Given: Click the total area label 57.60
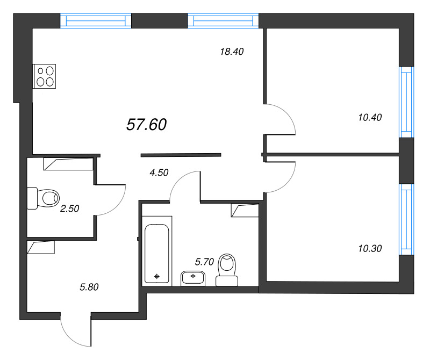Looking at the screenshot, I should (146, 125).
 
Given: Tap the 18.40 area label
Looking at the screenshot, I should (232, 52).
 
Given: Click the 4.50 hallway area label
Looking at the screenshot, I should (159, 172).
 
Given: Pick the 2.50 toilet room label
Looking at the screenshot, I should (69, 209).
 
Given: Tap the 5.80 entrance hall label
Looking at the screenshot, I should (89, 287).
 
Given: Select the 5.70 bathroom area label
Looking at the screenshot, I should (204, 262).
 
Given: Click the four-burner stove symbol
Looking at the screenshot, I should (45, 76).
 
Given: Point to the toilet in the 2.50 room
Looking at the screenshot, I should (42, 197).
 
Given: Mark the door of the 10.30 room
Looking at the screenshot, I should (281, 176).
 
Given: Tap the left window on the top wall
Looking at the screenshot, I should (96, 21).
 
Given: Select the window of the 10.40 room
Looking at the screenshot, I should (406, 102).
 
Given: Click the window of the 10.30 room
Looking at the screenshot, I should (406, 219).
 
